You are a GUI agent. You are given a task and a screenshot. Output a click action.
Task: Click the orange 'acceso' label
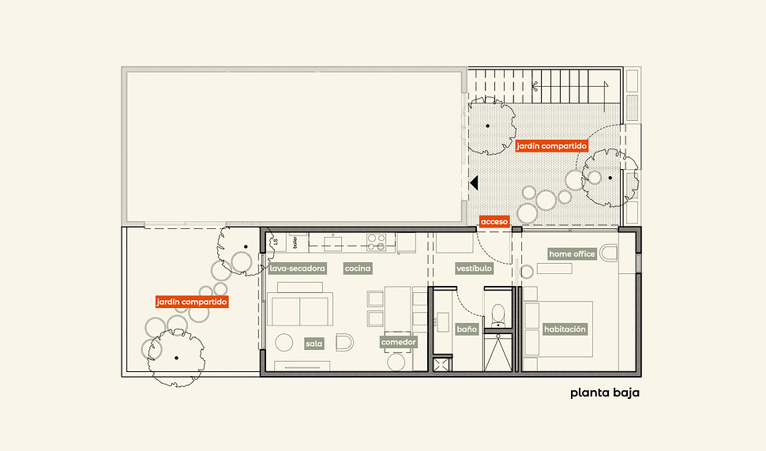tap(494, 222)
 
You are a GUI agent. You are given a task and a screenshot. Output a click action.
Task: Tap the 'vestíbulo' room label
tap(474, 269)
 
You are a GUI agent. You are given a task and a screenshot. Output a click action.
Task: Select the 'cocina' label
tap(358, 269)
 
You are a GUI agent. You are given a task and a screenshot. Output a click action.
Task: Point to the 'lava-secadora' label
tap(297, 269)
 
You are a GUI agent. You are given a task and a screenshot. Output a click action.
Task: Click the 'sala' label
tap(314, 344)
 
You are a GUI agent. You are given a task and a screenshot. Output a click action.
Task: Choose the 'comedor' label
tap(398, 342)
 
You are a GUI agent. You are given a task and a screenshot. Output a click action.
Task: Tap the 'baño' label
tap(467, 329)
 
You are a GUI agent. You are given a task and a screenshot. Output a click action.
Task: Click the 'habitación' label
tap(565, 329)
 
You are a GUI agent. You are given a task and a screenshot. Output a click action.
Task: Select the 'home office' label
tap(572, 254)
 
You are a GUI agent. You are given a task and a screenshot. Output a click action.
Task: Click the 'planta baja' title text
tap(605, 393)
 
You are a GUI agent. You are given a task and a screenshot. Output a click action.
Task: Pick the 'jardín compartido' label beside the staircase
tap(551, 145)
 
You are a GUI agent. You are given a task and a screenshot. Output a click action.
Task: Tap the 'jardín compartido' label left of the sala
tap(191, 302)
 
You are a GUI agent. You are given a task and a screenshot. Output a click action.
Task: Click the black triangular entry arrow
tap(473, 183)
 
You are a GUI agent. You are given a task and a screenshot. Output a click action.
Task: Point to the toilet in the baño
tap(498, 314)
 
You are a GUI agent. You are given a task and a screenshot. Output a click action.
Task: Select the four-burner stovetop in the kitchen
tap(377, 242)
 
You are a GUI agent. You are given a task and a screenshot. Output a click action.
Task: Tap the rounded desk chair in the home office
tap(609, 253)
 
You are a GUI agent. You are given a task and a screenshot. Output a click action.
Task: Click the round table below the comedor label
tap(396, 362)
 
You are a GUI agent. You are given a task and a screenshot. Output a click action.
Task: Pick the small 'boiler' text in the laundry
tap(295, 242)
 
